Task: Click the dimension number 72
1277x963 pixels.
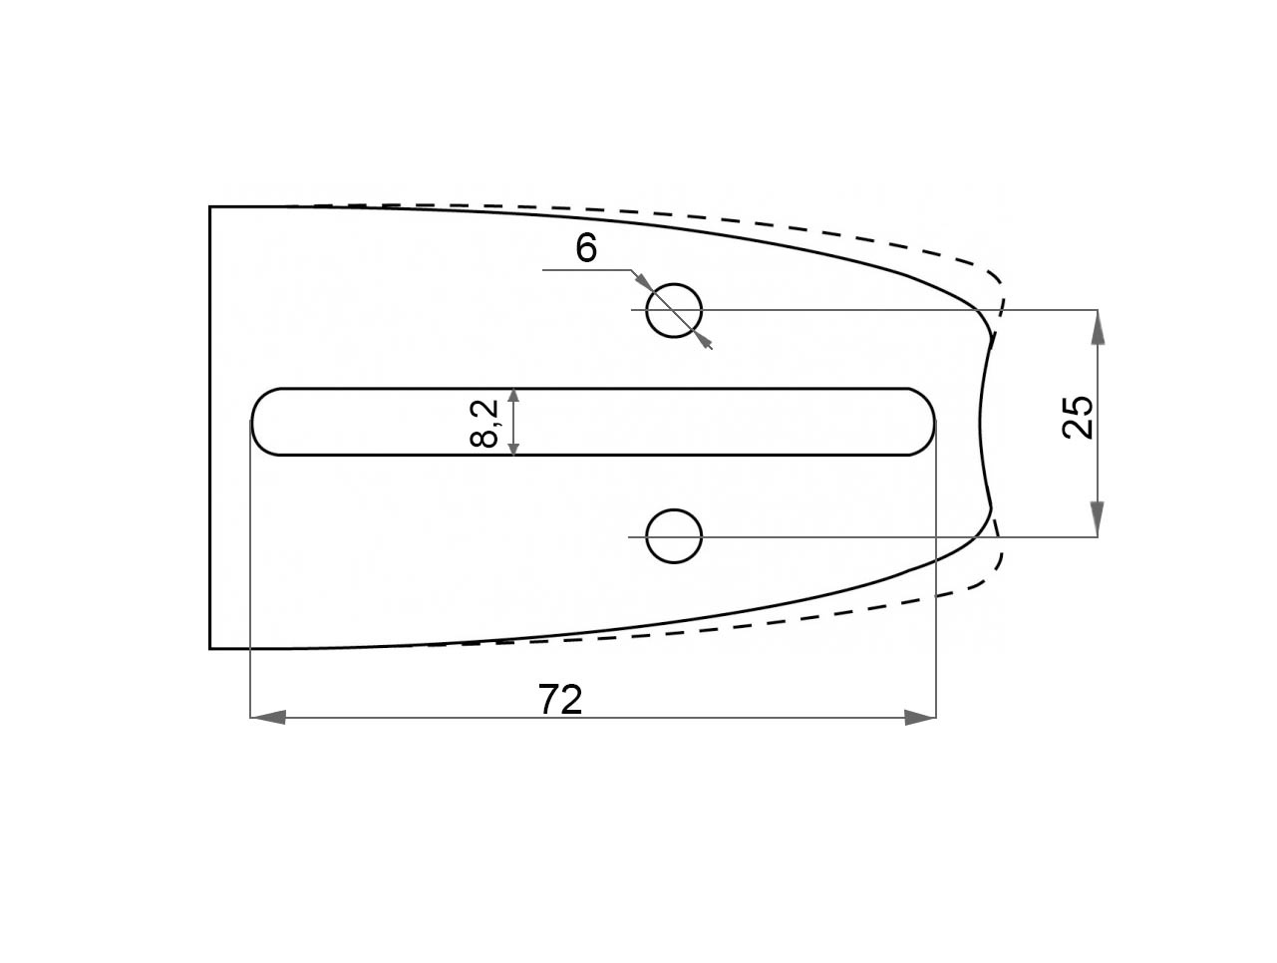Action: point(559,700)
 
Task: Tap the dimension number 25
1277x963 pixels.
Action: point(1078,417)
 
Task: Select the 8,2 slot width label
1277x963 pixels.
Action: point(483,424)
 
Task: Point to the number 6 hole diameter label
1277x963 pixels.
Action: point(586,248)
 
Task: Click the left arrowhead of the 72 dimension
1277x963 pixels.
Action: point(267,718)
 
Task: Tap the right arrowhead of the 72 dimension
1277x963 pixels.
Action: point(920,718)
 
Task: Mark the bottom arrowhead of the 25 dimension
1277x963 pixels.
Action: point(1098,518)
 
